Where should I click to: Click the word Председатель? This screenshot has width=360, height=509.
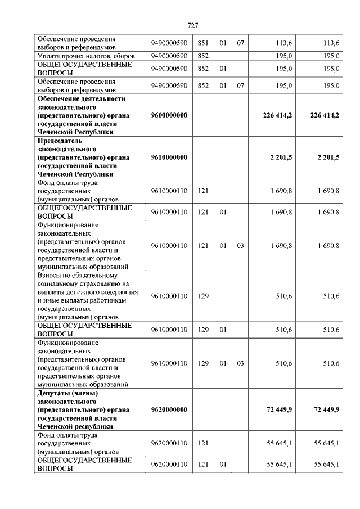pyautogui.click(x=60, y=141)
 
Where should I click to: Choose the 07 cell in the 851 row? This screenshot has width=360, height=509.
pyautogui.click(x=240, y=43)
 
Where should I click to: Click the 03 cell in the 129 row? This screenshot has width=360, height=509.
pyautogui.click(x=240, y=363)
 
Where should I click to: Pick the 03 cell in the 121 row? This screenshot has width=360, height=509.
pyautogui.click(x=240, y=246)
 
